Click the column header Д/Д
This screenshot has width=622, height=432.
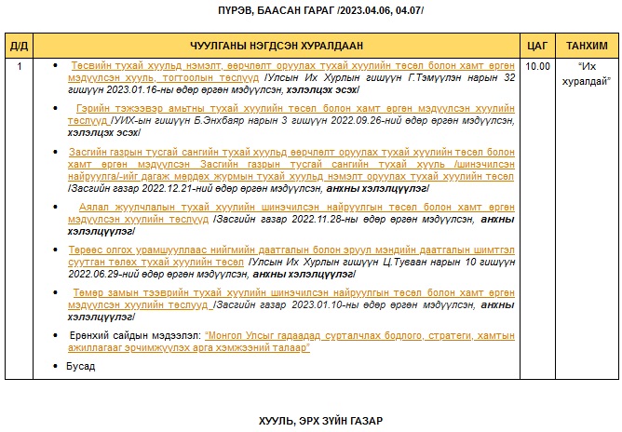click(19, 46)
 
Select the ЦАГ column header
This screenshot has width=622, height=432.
click(536, 46)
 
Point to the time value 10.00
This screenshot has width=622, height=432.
click(537, 66)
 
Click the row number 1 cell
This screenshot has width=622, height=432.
click(19, 66)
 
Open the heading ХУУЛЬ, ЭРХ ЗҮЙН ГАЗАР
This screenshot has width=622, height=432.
click(320, 421)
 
